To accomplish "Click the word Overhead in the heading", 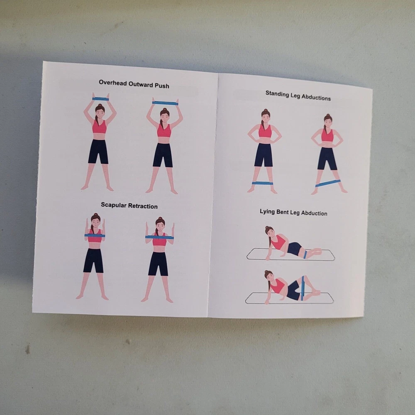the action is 113,83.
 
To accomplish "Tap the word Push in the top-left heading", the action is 162,86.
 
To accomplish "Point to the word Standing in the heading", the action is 277,94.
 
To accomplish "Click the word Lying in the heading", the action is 266,212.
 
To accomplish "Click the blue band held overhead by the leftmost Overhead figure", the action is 100,99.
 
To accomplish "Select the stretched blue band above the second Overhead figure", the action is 165,103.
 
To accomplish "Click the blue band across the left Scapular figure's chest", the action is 95,236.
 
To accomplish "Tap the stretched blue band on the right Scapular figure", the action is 160,237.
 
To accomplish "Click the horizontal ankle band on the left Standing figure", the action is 262,183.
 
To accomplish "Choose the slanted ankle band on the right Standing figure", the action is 328,183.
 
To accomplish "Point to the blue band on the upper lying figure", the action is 305,254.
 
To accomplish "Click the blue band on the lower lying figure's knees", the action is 303,288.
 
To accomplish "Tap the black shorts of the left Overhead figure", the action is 98,151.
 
